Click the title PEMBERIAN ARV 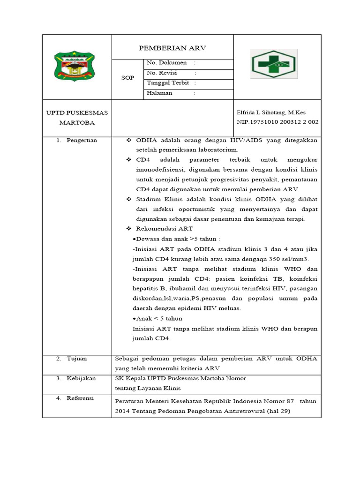(x=172, y=48)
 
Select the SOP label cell (x=127, y=78)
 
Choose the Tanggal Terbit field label (x=168, y=83)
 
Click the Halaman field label (x=159, y=93)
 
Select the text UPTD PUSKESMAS (x=77, y=112)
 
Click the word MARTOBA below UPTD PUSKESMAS (x=77, y=123)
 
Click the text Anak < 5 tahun (x=154, y=318)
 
